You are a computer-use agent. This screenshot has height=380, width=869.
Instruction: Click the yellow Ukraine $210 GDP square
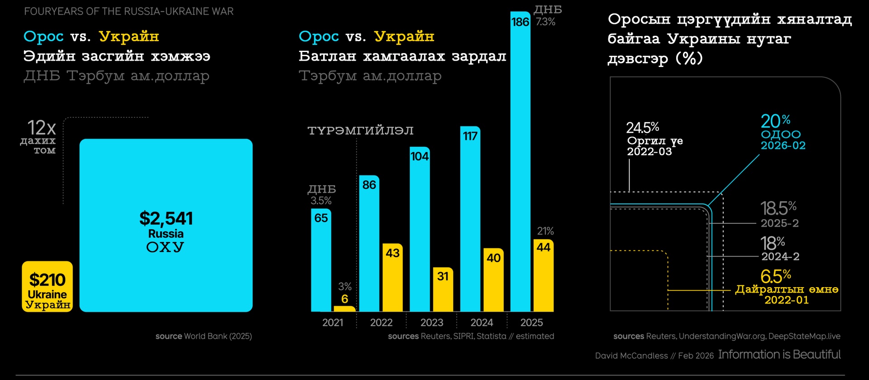[47, 286]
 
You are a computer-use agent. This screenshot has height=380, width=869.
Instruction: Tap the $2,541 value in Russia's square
[166, 218]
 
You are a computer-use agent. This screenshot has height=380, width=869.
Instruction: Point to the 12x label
[41, 128]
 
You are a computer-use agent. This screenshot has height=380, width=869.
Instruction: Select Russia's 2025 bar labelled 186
[520, 163]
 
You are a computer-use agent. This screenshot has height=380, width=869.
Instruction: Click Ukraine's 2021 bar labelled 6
[344, 308]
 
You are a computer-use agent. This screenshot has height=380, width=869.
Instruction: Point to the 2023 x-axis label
[431, 322]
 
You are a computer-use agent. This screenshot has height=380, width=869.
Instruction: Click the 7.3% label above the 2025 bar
[545, 22]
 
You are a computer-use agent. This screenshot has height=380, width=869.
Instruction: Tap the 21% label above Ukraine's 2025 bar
[545, 231]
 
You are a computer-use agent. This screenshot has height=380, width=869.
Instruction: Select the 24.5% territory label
[642, 128]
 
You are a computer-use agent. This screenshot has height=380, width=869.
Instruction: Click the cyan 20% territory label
[775, 121]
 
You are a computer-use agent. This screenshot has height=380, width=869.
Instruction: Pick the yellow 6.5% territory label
[775, 276]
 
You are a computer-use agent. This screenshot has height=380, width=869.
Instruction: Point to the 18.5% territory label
[778, 209]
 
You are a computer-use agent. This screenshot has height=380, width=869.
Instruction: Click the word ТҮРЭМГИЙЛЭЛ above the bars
[360, 131]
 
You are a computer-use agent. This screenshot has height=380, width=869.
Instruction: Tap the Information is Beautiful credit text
[779, 354]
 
